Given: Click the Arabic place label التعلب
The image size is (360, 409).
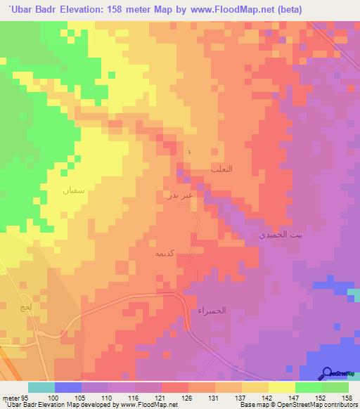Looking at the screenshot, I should click(x=221, y=169).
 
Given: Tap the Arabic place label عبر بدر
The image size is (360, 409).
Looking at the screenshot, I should click(x=178, y=194).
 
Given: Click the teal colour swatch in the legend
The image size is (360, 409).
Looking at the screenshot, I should click(x=41, y=387).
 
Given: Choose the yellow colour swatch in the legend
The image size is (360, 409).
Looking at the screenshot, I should click(x=281, y=387).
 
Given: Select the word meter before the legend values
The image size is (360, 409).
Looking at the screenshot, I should click(x=10, y=397).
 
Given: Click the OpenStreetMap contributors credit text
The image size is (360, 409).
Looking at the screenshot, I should click(x=320, y=405).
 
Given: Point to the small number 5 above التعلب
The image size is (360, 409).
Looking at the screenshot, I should click(x=188, y=152).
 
